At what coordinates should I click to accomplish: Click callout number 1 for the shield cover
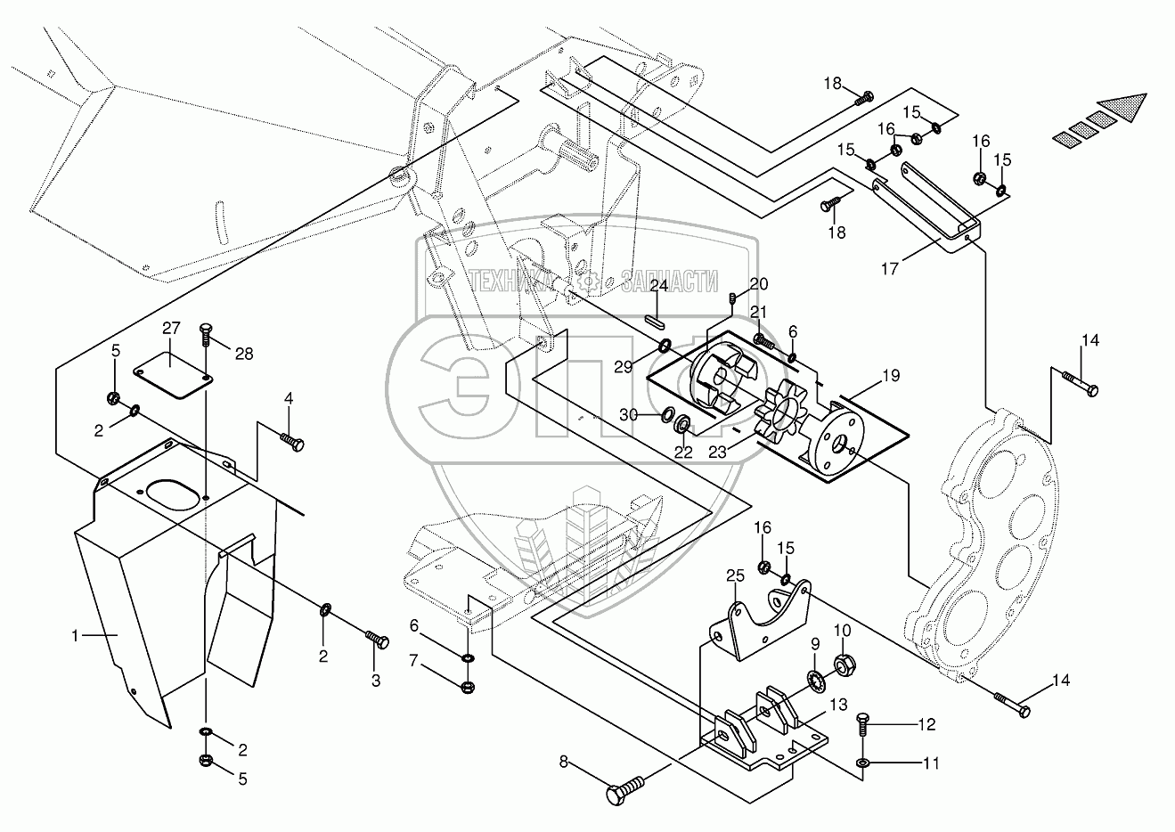[77, 636]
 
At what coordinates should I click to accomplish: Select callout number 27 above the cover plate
[170, 329]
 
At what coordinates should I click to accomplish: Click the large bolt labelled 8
[626, 789]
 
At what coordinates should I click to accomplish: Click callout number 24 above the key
[658, 286]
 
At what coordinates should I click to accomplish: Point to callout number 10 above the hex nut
[843, 632]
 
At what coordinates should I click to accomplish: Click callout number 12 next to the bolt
[926, 724]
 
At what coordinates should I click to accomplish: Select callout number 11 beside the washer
[931, 763]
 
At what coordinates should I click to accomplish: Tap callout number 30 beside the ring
[629, 415]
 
